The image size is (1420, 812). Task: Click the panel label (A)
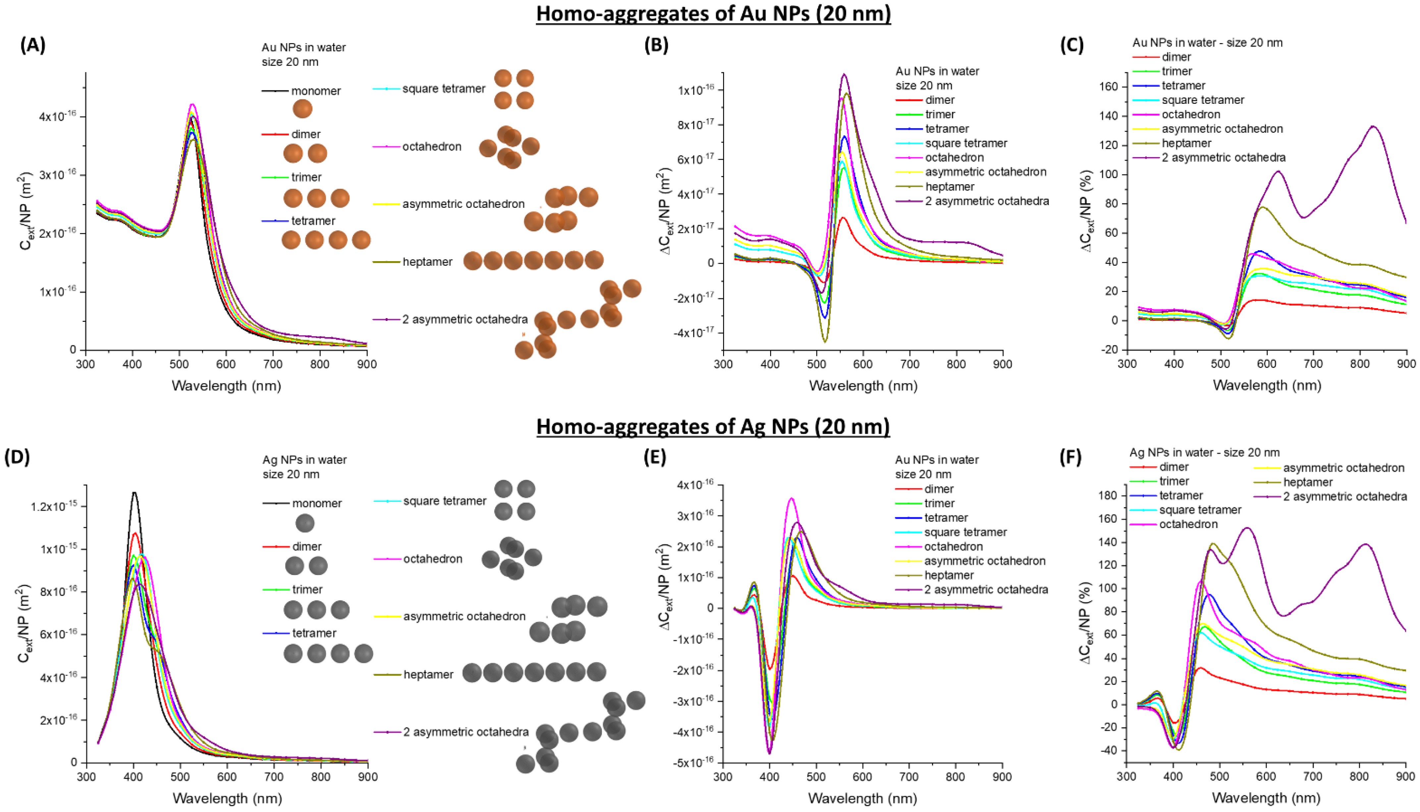[x=33, y=45]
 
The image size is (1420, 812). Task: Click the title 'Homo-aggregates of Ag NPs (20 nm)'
[x=713, y=427]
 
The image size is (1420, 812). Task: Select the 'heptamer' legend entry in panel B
[x=950, y=186]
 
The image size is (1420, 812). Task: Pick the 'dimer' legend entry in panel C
[x=1176, y=57]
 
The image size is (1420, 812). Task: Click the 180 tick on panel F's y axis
[x=1106, y=495]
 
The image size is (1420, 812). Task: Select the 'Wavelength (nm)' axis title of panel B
[x=863, y=385]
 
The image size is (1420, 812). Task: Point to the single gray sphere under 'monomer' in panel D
[x=304, y=523]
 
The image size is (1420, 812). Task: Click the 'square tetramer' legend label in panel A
[x=444, y=89]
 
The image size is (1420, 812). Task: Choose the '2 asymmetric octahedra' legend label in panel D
[x=466, y=732]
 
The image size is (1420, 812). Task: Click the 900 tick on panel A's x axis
[x=367, y=364]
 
